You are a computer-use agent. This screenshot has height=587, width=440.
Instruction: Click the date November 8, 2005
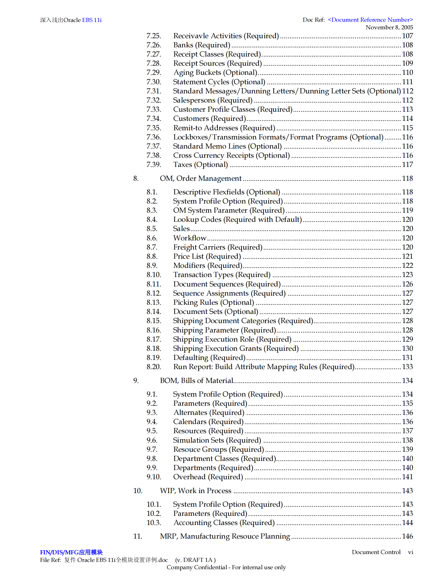(389, 27)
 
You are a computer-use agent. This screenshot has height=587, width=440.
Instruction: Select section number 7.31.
(153, 91)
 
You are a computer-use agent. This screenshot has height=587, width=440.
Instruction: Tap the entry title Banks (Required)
(202, 45)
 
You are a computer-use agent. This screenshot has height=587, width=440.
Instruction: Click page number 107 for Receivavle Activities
(407, 36)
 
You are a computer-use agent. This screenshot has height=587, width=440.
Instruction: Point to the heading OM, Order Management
(200, 178)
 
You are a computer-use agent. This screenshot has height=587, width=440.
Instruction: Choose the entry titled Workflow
(190, 238)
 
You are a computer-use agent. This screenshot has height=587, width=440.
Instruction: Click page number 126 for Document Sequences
(407, 284)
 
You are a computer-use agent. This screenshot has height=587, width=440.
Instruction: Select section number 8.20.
(153, 367)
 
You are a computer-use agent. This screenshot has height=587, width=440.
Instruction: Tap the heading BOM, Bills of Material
(196, 381)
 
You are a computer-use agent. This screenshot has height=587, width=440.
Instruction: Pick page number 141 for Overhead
(407, 477)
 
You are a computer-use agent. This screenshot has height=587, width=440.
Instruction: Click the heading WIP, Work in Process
(196, 491)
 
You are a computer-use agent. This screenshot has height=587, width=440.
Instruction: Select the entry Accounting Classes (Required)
(224, 522)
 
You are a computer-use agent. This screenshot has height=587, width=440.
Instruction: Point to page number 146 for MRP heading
(407, 536)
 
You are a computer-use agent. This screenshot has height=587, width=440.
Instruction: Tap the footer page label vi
(410, 552)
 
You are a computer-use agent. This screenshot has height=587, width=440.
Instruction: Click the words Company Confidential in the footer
(197, 567)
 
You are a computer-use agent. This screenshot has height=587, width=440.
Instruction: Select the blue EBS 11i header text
(92, 20)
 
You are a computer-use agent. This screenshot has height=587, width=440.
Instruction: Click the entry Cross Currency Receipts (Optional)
(231, 155)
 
